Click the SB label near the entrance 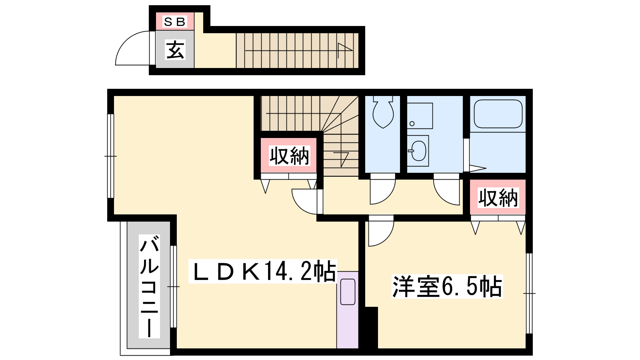coord(174,22)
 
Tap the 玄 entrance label coord(175,50)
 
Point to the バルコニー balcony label coord(149,286)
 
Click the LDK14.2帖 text coord(263,271)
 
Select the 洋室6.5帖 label coord(447,286)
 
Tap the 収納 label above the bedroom coord(498,198)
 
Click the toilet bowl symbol coord(383,112)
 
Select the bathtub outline coord(498,114)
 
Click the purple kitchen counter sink coord(348,292)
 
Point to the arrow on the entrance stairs coord(298,51)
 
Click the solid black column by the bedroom coord(371,328)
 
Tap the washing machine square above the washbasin coord(420,116)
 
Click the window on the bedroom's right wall coord(529,294)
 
